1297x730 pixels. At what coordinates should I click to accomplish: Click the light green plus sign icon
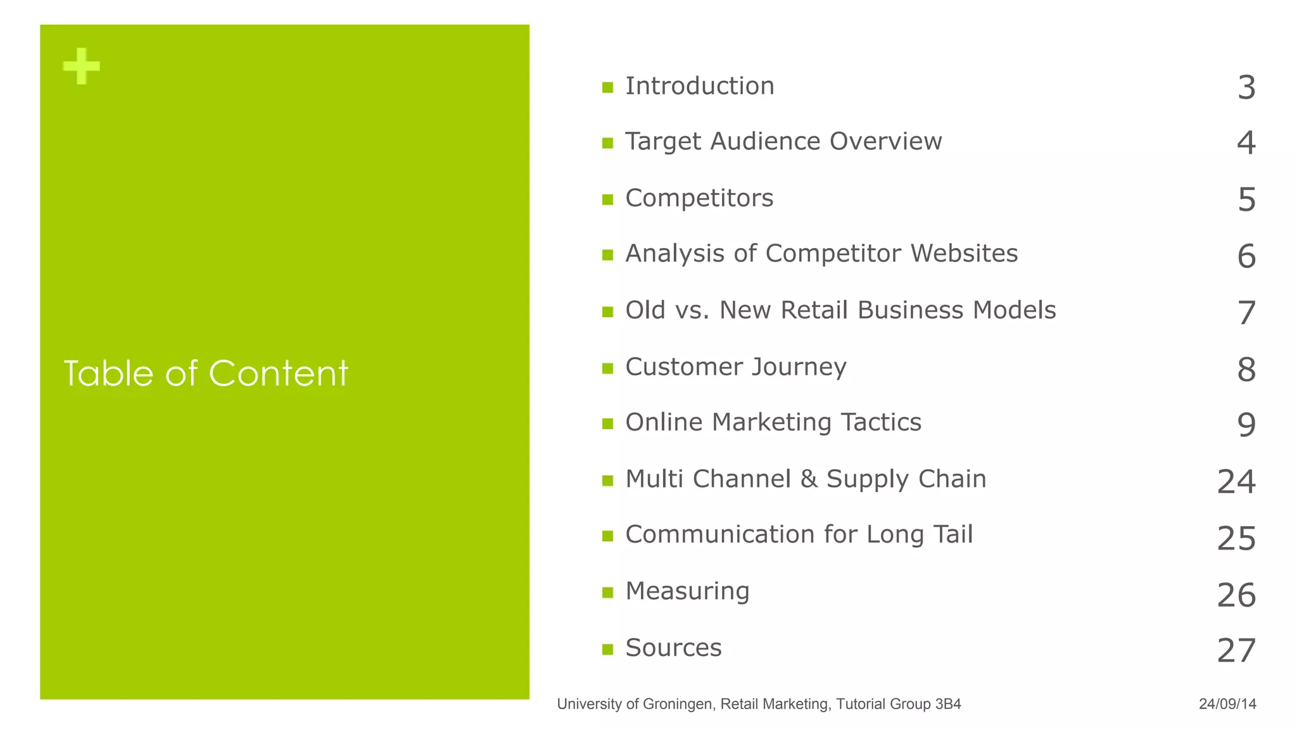coord(82,66)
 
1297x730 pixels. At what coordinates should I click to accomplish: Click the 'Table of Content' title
coord(206,373)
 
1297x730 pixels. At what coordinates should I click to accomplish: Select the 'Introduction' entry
coord(699,86)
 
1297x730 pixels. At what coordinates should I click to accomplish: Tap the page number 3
coord(1246,87)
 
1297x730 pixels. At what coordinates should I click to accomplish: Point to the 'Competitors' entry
coord(699,198)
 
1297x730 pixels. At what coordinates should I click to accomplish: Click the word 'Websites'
coord(964,253)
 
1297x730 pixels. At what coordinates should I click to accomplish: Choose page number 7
coord(1246,313)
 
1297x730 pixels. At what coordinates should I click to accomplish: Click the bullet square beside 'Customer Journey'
coord(608,368)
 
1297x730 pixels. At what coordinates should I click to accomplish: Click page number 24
coord(1236,482)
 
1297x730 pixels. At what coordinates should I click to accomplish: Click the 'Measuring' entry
coord(687,591)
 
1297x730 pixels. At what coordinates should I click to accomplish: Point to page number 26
coord(1236,595)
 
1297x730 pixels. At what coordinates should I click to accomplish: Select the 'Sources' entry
coord(673,648)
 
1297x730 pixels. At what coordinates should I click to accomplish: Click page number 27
coord(1236,651)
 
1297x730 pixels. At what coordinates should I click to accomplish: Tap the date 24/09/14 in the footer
coord(1227,704)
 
